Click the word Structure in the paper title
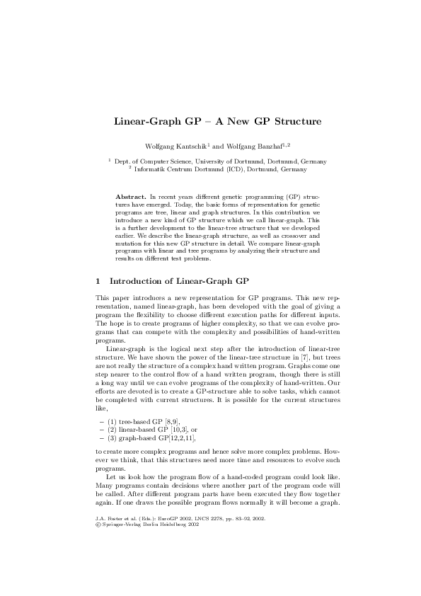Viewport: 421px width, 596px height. [286, 121]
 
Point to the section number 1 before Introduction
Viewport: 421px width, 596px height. [98, 280]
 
